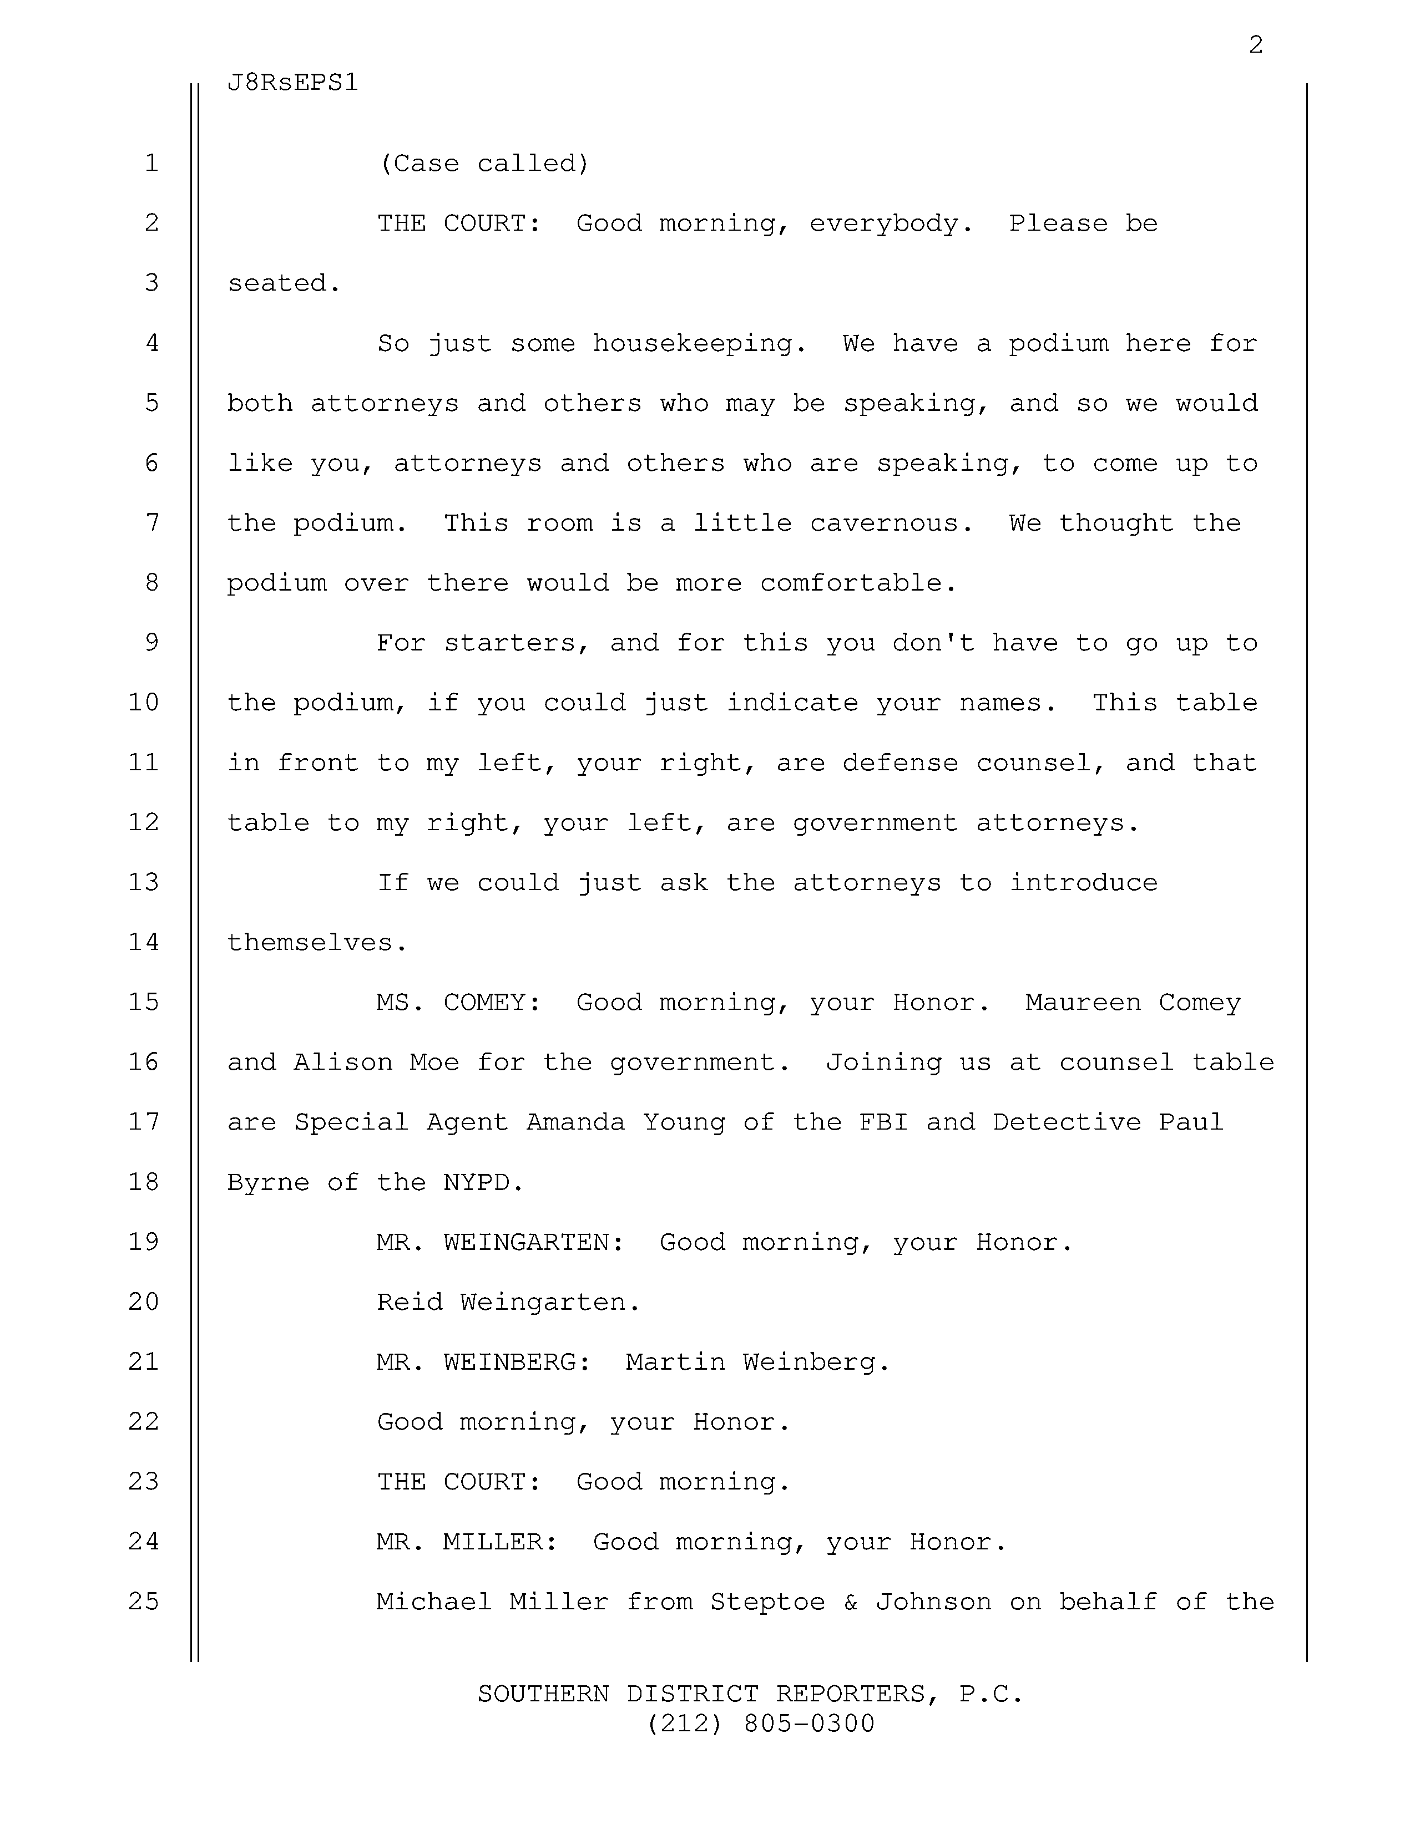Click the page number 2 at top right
[x=1255, y=45]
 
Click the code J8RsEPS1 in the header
[x=292, y=83]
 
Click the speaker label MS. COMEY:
[x=458, y=1002]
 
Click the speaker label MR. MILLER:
[x=467, y=1542]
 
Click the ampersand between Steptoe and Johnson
[x=850, y=1602]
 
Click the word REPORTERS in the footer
[x=857, y=1694]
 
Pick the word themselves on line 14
[x=317, y=943]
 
